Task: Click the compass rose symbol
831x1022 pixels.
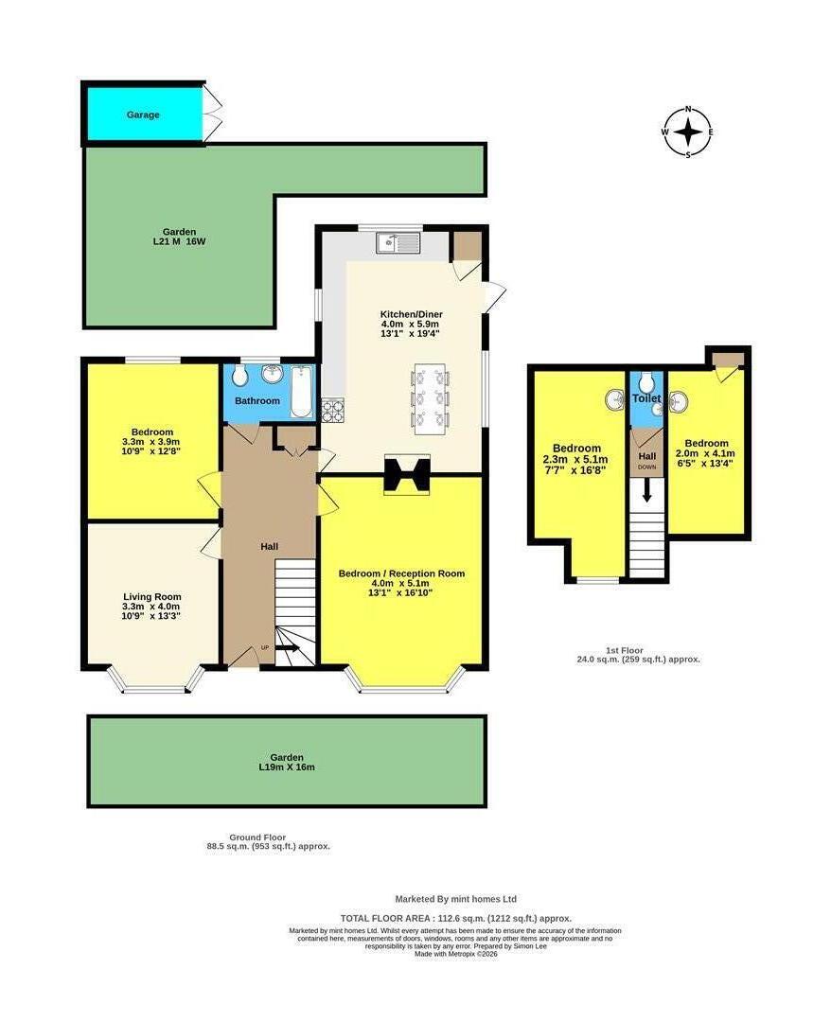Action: pos(688,132)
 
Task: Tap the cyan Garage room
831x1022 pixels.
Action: pos(144,115)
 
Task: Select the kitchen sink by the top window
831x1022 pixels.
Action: pos(398,244)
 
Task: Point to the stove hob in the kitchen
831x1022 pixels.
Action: pos(333,410)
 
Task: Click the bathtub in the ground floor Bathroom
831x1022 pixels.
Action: pos(301,390)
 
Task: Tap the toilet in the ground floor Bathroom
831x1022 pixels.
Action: pos(239,377)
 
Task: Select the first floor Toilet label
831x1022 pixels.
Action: pos(646,399)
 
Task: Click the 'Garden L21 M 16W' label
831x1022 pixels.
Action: pos(179,237)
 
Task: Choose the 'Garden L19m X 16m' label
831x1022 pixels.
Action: pos(287,762)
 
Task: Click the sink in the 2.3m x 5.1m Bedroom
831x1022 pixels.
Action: pos(613,400)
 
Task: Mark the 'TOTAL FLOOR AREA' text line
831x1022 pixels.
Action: pos(455,918)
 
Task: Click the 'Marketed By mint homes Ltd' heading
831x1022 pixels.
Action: pos(455,899)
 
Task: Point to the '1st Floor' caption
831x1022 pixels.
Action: pos(638,653)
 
